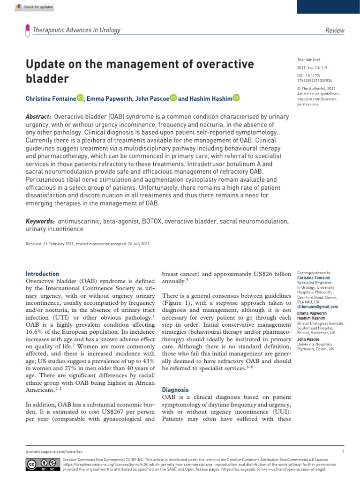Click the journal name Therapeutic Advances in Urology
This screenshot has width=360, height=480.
click(76, 30)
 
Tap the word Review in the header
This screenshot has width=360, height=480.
click(335, 30)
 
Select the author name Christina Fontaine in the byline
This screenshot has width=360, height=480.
click(50, 98)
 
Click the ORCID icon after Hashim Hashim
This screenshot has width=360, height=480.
click(236, 98)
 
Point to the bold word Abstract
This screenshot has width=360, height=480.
click(38, 116)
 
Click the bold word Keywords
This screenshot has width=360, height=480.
click(40, 221)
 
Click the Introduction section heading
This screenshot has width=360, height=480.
click(42, 274)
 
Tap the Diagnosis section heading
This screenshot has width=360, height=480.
click(175, 390)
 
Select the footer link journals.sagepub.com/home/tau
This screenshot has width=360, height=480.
click(52, 451)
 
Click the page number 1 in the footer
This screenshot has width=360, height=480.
click(344, 451)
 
